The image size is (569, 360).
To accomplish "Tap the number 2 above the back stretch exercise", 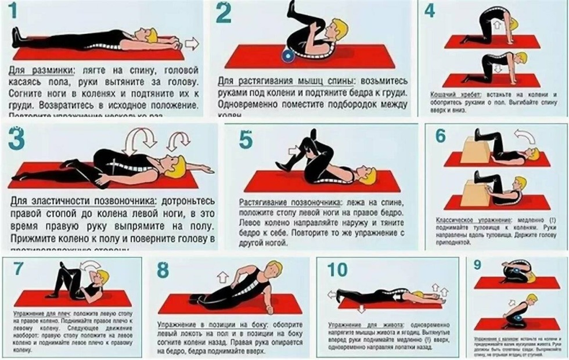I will click(x=223, y=13).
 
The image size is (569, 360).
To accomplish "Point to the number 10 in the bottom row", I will click(x=337, y=269).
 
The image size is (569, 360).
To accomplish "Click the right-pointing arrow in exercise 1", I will click(x=192, y=44).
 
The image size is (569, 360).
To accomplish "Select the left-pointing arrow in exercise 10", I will click(x=332, y=294).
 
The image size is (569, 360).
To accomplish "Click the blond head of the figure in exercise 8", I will click(x=273, y=268).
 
